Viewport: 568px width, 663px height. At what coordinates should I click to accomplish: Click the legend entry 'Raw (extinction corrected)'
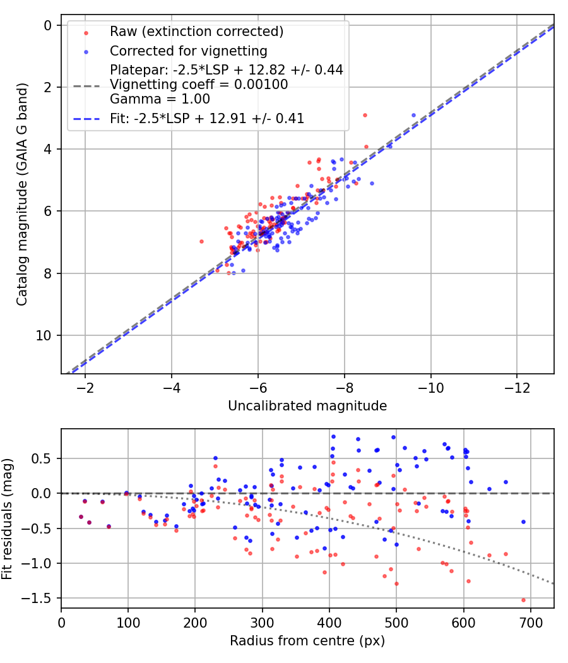196,32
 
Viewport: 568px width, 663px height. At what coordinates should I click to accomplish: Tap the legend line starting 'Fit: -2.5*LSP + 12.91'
207,119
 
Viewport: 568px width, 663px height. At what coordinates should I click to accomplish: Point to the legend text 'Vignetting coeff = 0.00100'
199,85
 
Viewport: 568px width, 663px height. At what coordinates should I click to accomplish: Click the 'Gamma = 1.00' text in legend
160,99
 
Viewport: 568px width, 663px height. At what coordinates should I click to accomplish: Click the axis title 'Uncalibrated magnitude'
307,406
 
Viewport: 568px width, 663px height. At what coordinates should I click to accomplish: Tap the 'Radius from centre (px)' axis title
307,641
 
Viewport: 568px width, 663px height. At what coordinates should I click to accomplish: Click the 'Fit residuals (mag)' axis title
8,518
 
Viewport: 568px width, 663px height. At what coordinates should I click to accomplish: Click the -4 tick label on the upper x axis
172,387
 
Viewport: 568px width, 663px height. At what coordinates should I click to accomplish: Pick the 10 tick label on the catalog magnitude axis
47,335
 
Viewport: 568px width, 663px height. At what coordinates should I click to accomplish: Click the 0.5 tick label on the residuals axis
47,458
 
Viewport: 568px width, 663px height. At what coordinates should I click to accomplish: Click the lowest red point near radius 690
523,600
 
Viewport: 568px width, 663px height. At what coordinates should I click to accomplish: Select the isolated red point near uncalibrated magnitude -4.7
201,241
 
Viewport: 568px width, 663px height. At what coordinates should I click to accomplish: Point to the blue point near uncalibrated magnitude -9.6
414,116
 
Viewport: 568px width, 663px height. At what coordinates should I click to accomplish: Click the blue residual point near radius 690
523,522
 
